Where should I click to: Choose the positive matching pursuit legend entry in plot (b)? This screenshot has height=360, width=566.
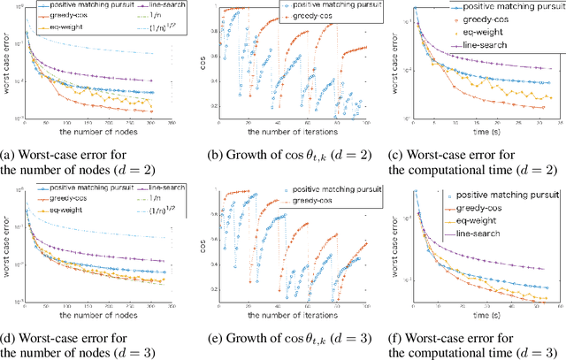click(311, 6)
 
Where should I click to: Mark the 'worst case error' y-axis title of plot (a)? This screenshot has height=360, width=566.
click(6, 64)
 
